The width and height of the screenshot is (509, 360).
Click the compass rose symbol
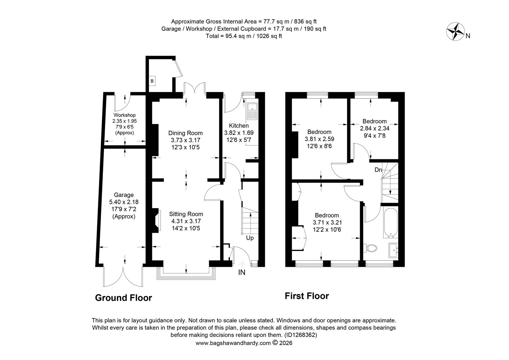(455, 32)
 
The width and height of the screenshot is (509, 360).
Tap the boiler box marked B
(152, 81)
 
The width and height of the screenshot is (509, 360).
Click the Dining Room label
(185, 133)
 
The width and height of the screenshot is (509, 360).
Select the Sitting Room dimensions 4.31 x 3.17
(186, 221)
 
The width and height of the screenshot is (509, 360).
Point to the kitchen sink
(252, 111)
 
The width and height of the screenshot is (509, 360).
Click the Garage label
(124, 195)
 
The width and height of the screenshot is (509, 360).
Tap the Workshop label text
(125, 115)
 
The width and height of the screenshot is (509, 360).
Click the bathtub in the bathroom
(390, 222)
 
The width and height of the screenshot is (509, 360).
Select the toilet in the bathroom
(371, 248)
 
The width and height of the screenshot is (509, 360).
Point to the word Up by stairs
(250, 238)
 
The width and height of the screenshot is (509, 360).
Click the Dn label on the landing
(378, 170)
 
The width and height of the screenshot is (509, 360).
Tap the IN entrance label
(242, 272)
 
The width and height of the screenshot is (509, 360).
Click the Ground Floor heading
(123, 298)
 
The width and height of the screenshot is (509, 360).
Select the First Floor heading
(306, 296)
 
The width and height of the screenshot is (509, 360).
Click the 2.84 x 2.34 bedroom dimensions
(374, 128)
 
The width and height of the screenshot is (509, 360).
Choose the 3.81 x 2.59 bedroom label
(319, 139)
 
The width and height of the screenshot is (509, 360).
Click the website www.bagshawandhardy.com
(233, 343)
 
